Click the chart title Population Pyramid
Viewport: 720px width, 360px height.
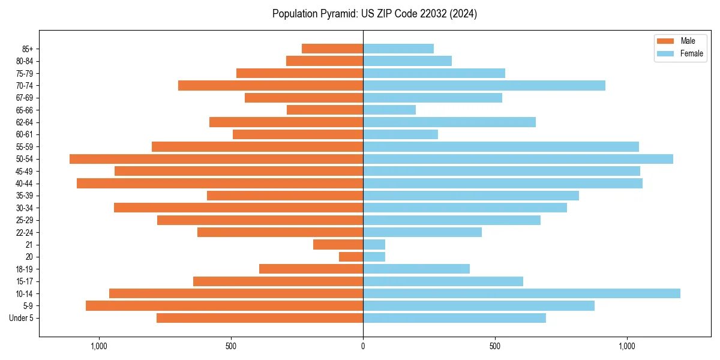(x=374, y=14)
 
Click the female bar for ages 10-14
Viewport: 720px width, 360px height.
(x=521, y=293)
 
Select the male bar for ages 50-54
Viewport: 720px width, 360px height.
(x=216, y=159)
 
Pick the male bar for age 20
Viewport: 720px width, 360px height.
(x=351, y=257)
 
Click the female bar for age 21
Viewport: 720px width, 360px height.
(x=374, y=245)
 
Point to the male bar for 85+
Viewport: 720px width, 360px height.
(x=332, y=49)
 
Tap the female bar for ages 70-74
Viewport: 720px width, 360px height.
(x=484, y=85)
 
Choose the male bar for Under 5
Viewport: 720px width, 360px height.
(x=260, y=318)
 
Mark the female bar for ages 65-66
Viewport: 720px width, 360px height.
(x=389, y=110)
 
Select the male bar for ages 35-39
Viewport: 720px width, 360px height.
(x=285, y=196)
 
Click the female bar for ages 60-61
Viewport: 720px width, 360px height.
(x=400, y=134)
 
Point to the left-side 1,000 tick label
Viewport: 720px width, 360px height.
(x=99, y=347)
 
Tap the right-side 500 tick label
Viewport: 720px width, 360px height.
(x=495, y=347)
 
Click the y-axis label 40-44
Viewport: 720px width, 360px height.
(x=25, y=184)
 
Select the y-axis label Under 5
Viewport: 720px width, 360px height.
(x=22, y=318)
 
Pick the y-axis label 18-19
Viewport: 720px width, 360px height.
(x=25, y=269)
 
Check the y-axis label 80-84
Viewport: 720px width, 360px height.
(x=25, y=61)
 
